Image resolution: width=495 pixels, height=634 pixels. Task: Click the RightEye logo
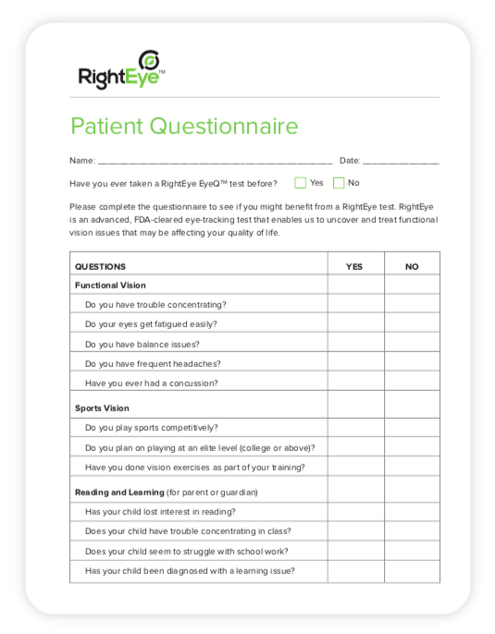(121, 70)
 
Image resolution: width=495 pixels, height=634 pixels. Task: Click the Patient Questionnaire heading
(184, 127)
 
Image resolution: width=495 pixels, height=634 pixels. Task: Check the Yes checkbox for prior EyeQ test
(301, 183)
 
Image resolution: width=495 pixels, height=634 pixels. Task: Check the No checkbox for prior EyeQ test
(339, 183)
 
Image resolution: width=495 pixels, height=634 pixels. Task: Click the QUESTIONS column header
(100, 266)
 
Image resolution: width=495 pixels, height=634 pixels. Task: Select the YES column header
(354, 266)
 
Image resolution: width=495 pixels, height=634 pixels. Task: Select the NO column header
(412, 266)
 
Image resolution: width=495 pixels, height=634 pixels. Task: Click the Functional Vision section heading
(110, 286)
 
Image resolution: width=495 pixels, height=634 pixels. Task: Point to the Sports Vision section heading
(102, 408)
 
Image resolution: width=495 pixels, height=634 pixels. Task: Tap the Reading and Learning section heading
(119, 492)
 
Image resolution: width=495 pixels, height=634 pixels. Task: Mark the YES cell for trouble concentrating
(355, 304)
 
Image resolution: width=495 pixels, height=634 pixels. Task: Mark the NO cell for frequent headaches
(412, 363)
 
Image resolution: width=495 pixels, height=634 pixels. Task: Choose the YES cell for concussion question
(355, 383)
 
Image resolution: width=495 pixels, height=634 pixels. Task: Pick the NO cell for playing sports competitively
(412, 428)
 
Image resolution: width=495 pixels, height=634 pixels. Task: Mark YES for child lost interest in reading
(355, 512)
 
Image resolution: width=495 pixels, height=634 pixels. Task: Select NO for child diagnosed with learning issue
(412, 570)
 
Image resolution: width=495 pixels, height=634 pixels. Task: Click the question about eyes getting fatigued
(151, 324)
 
